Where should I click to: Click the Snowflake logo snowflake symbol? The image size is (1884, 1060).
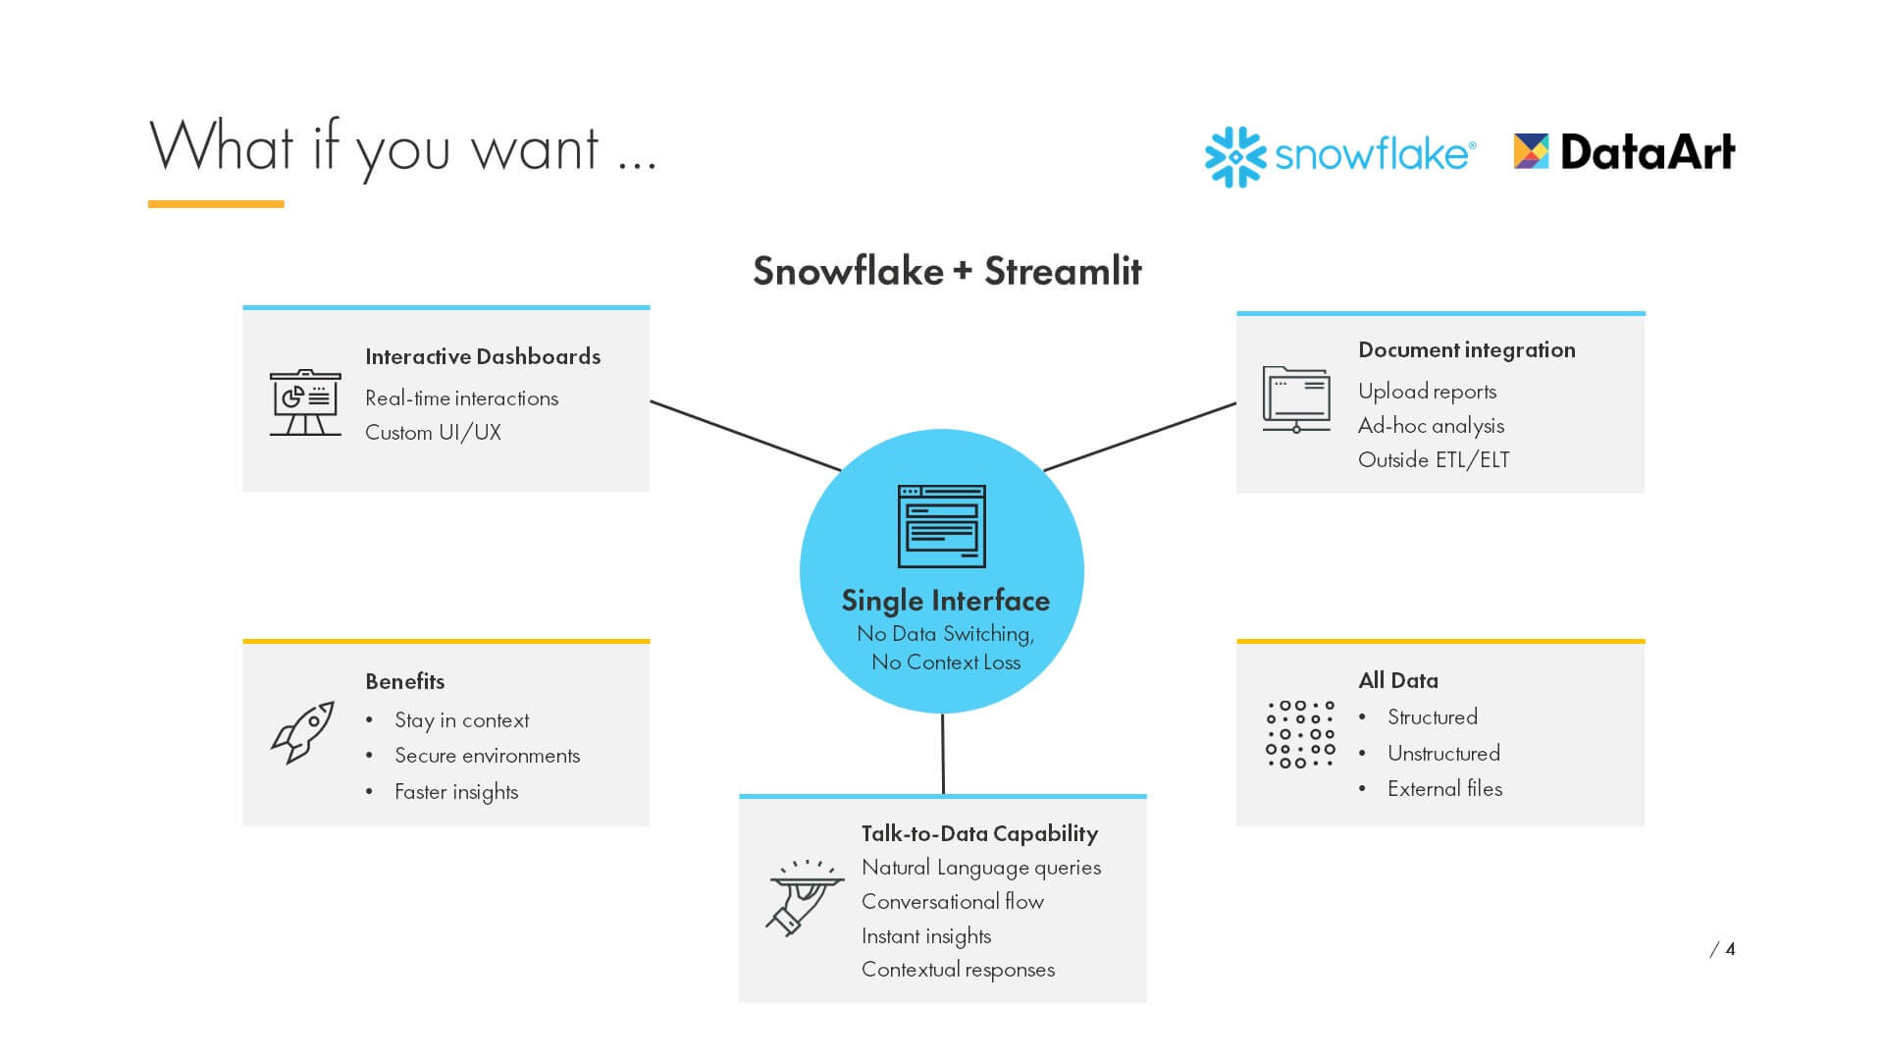1234,156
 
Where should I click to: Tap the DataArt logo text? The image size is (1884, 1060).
1647,153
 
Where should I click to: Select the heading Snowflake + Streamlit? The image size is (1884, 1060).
946,271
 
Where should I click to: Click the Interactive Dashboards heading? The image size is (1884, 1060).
482,356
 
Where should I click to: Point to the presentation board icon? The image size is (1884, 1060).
305,402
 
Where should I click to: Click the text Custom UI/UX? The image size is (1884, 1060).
433,433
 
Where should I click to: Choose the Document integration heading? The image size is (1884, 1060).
1466,350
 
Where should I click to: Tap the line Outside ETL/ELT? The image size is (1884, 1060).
1434,460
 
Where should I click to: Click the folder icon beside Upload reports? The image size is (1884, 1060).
1295,399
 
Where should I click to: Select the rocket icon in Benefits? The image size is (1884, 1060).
303,732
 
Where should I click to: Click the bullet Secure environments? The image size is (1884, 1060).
487,756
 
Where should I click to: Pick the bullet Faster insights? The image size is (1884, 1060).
456,792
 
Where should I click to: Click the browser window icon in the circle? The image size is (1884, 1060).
941,526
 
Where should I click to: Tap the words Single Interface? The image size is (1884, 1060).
945,601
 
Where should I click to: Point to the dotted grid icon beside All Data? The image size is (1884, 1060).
1300,734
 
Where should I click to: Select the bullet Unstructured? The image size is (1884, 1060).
1443,754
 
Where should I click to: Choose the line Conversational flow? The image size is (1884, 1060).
952,902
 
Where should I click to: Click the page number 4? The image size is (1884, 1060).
1730,949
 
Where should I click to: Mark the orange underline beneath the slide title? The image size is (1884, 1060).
216,204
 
